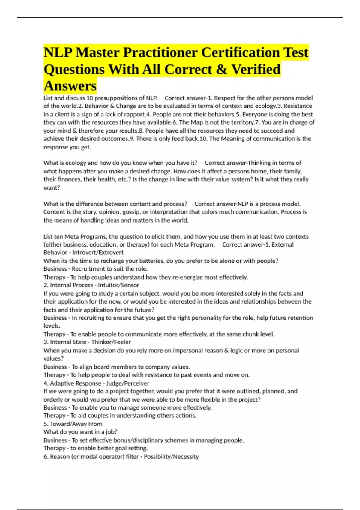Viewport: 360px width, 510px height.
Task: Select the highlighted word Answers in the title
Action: coord(70,86)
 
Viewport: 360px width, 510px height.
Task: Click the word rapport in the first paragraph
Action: coord(135,114)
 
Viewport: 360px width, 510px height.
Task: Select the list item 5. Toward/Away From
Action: coord(73,424)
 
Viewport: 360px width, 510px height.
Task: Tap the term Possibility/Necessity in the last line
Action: coord(171,457)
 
